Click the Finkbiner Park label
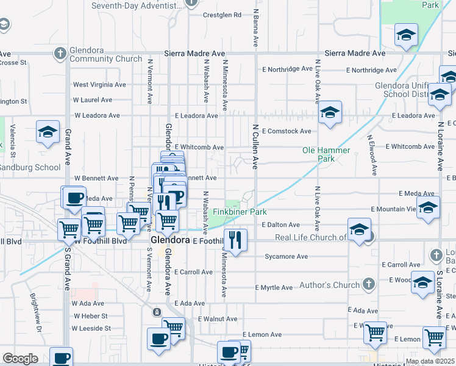(240, 212)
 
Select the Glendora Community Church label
(105, 55)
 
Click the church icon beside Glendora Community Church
(60, 54)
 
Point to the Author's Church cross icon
(368, 284)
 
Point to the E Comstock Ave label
(286, 131)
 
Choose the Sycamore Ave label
(286, 257)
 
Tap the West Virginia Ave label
(99, 85)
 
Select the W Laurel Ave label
(93, 99)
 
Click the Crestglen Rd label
(222, 15)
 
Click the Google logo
(20, 359)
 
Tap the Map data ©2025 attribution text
(430, 362)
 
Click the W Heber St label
(90, 316)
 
